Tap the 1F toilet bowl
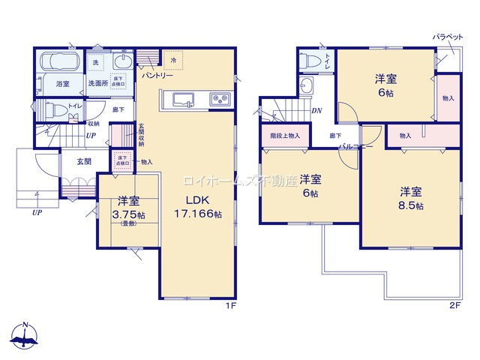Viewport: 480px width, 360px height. tap(45, 109)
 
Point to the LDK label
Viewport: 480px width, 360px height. tap(196, 200)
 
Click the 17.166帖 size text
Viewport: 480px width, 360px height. tap(199, 214)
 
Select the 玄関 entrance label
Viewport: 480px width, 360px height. tap(82, 161)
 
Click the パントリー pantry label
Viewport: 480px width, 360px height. tap(157, 76)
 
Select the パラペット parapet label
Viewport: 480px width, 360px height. tap(447, 37)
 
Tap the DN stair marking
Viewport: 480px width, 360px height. tap(317, 111)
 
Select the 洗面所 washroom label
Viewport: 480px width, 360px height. tap(97, 83)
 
